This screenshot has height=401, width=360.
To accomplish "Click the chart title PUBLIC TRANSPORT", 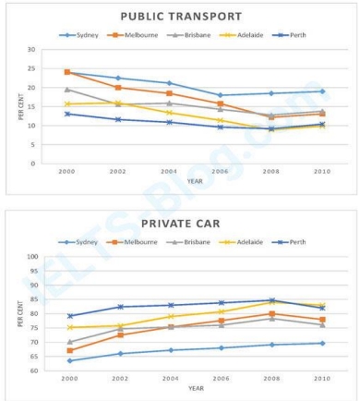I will pyautogui.click(x=182, y=16).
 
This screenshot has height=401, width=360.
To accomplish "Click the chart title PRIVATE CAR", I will pyautogui.click(x=182, y=224).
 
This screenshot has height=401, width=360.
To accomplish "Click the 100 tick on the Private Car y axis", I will pyautogui.click(x=30, y=257).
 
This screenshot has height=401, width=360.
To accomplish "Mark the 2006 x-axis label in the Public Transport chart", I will pyautogui.click(x=245, y=172).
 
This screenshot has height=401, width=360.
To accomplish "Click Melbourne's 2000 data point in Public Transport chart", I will pyautogui.click(x=67, y=71).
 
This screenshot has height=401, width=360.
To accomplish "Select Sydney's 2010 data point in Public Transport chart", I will pyautogui.click(x=322, y=91).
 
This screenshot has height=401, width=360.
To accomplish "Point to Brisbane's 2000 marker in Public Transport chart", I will pyautogui.click(x=67, y=90).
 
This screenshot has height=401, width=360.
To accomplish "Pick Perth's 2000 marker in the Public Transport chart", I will pyautogui.click(x=67, y=114).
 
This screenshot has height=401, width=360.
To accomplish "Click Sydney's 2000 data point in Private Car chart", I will pyautogui.click(x=69, y=360).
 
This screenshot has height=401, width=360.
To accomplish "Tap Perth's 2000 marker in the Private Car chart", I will pyautogui.click(x=69, y=316).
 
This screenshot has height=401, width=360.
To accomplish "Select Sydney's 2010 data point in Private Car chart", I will pyautogui.click(x=322, y=343).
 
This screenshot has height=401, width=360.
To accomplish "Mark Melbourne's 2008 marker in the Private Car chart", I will pyautogui.click(x=271, y=313).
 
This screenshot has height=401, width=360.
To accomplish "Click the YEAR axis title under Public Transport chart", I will pyautogui.click(x=195, y=181).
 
